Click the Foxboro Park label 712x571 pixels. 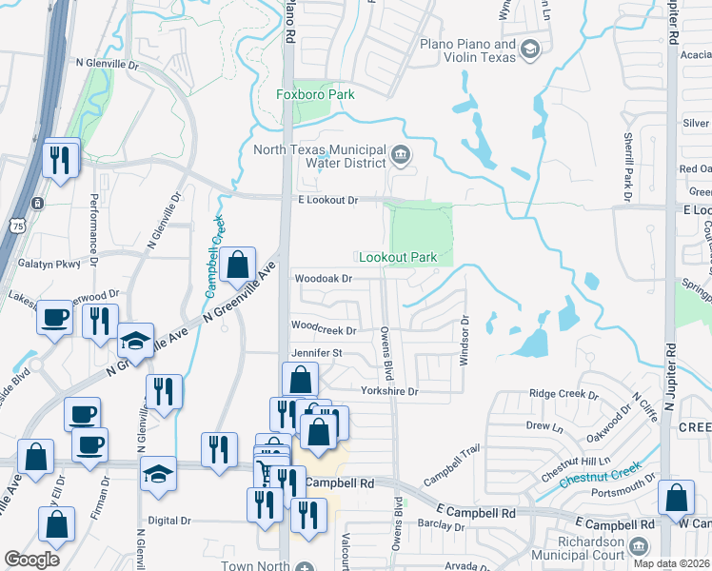point(315,94)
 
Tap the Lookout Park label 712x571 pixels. point(397,258)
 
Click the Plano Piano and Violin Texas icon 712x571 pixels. point(530,49)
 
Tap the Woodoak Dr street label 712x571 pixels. point(324,279)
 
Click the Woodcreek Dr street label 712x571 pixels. point(324,330)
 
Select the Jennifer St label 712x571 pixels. point(315,353)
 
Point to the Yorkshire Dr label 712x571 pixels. point(389,391)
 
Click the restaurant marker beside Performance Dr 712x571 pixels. point(61,159)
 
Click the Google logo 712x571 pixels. point(31,560)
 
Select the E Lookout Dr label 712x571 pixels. point(326,200)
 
